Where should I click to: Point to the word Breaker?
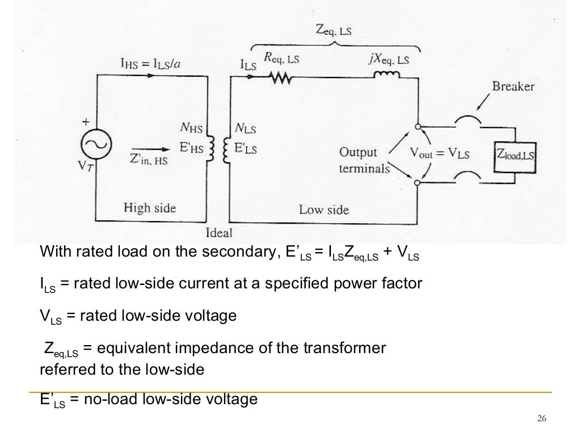tap(513, 87)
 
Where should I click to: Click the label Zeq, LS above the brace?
tap(333, 31)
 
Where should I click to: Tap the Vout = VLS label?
tap(439, 154)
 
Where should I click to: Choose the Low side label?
tap(323, 209)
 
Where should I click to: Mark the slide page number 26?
tap(541, 419)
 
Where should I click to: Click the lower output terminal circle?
tap(418, 183)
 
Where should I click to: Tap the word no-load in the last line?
tap(107, 400)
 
